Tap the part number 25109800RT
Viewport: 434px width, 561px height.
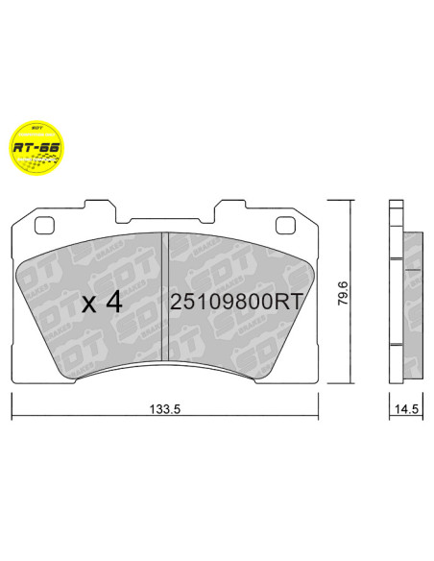point(236,302)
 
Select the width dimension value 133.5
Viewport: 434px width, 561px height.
point(165,408)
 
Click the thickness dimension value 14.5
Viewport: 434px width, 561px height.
point(406,408)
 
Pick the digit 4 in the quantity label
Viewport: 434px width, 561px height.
point(113,303)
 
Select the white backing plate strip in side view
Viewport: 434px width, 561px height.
point(396,298)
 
